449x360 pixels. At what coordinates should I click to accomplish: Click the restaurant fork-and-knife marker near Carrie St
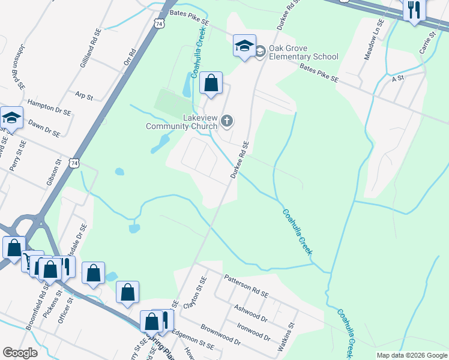(414, 10)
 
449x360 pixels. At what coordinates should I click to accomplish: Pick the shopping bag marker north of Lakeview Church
(211, 83)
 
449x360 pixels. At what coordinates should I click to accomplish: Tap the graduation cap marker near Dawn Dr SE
(11, 118)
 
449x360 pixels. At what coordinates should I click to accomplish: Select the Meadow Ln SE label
(373, 43)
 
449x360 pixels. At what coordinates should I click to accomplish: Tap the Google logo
(20, 353)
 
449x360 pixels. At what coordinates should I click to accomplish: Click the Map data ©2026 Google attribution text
(411, 355)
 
